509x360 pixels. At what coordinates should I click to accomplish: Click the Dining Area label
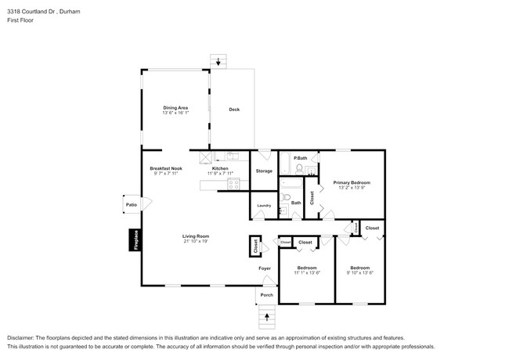(x=175, y=107)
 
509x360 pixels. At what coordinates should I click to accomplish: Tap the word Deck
(x=233, y=110)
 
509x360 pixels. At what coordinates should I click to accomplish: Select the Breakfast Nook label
(x=166, y=168)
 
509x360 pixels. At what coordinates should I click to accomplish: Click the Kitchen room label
(x=220, y=168)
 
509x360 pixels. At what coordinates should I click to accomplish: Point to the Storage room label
(x=264, y=171)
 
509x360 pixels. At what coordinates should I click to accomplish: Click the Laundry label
(x=263, y=206)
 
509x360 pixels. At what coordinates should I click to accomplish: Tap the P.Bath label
(x=299, y=159)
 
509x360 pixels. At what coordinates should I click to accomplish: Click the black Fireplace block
(x=135, y=239)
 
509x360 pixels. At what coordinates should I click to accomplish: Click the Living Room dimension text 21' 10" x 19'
(x=195, y=241)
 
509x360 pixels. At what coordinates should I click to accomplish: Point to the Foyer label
(x=265, y=268)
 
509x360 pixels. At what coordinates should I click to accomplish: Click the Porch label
(x=266, y=295)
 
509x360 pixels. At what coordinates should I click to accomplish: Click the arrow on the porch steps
(x=267, y=317)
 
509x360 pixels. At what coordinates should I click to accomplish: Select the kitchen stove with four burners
(x=233, y=184)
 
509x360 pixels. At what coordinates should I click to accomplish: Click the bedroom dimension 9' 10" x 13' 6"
(x=361, y=272)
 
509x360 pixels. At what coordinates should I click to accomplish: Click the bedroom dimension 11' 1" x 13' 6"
(x=307, y=272)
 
